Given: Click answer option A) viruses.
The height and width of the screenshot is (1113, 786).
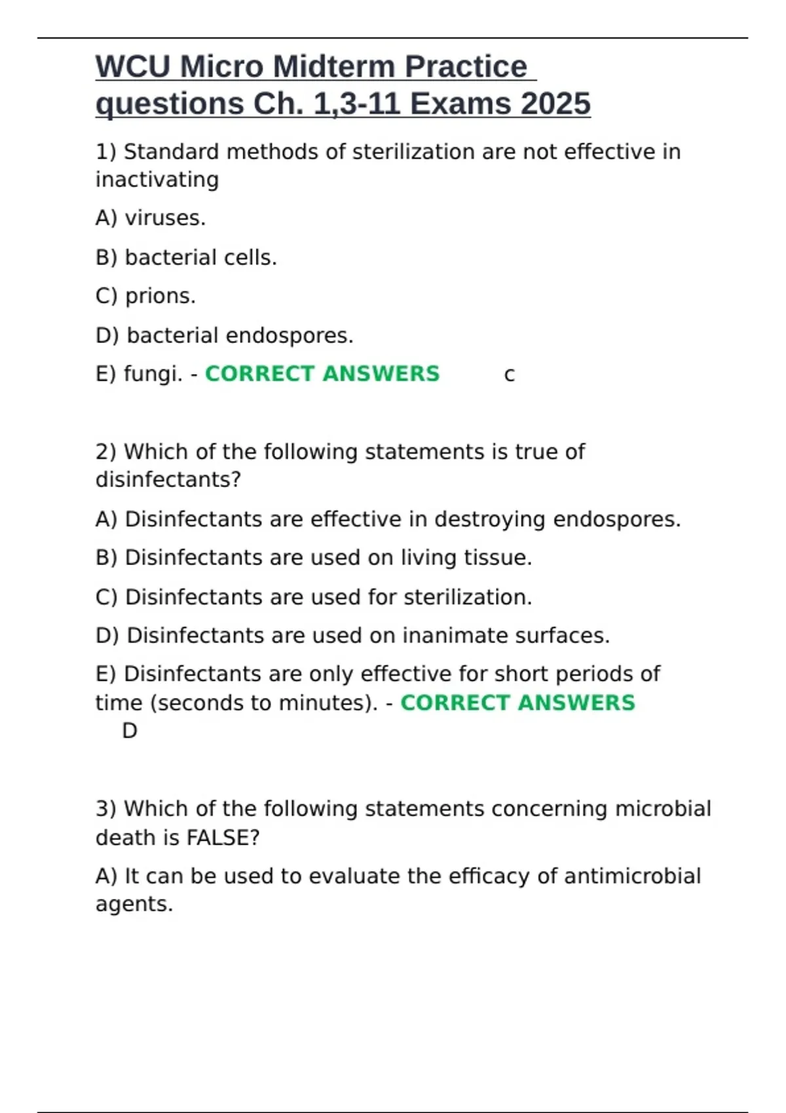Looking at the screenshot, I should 151,218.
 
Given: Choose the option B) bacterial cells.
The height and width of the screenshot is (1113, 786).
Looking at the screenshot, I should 186,257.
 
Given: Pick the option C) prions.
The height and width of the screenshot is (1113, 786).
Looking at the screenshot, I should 145,296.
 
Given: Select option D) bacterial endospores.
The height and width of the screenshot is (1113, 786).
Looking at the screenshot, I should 224,335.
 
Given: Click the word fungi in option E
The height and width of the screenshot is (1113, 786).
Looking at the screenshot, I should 152,374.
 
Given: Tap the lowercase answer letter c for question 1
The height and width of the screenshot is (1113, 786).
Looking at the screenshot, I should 509,375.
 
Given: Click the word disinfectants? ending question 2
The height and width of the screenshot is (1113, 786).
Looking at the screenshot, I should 168,480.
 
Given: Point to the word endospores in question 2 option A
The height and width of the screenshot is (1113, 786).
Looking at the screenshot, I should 616,519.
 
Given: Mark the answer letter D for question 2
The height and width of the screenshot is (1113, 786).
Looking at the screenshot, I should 130,731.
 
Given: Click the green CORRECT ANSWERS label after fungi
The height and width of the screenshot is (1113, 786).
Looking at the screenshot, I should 322,374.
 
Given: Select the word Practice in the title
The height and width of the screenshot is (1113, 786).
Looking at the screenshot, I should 466,67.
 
